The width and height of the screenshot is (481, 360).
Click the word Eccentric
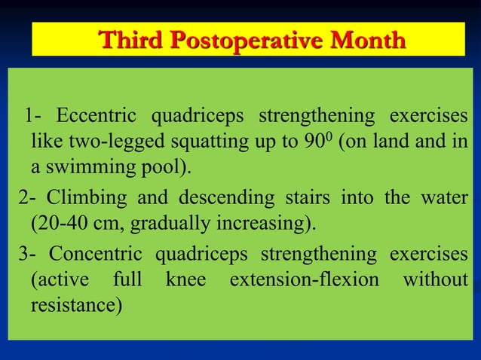pyautogui.click(x=97, y=117)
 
